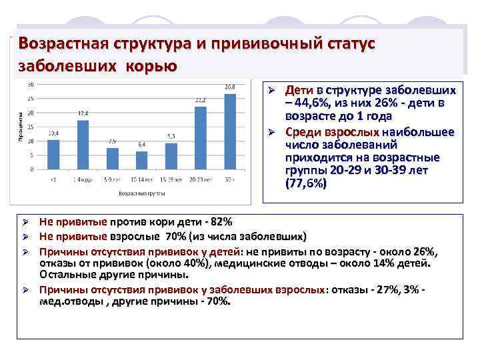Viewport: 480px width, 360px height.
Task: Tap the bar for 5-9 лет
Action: click(113, 159)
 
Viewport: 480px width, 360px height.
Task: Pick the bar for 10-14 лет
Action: click(142, 160)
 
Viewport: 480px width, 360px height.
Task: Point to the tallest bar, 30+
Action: click(230, 131)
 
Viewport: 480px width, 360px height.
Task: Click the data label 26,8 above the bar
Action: click(230, 87)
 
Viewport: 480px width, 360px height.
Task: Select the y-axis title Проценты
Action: click(19, 126)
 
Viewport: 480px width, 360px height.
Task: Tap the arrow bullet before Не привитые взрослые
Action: click(24, 236)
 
